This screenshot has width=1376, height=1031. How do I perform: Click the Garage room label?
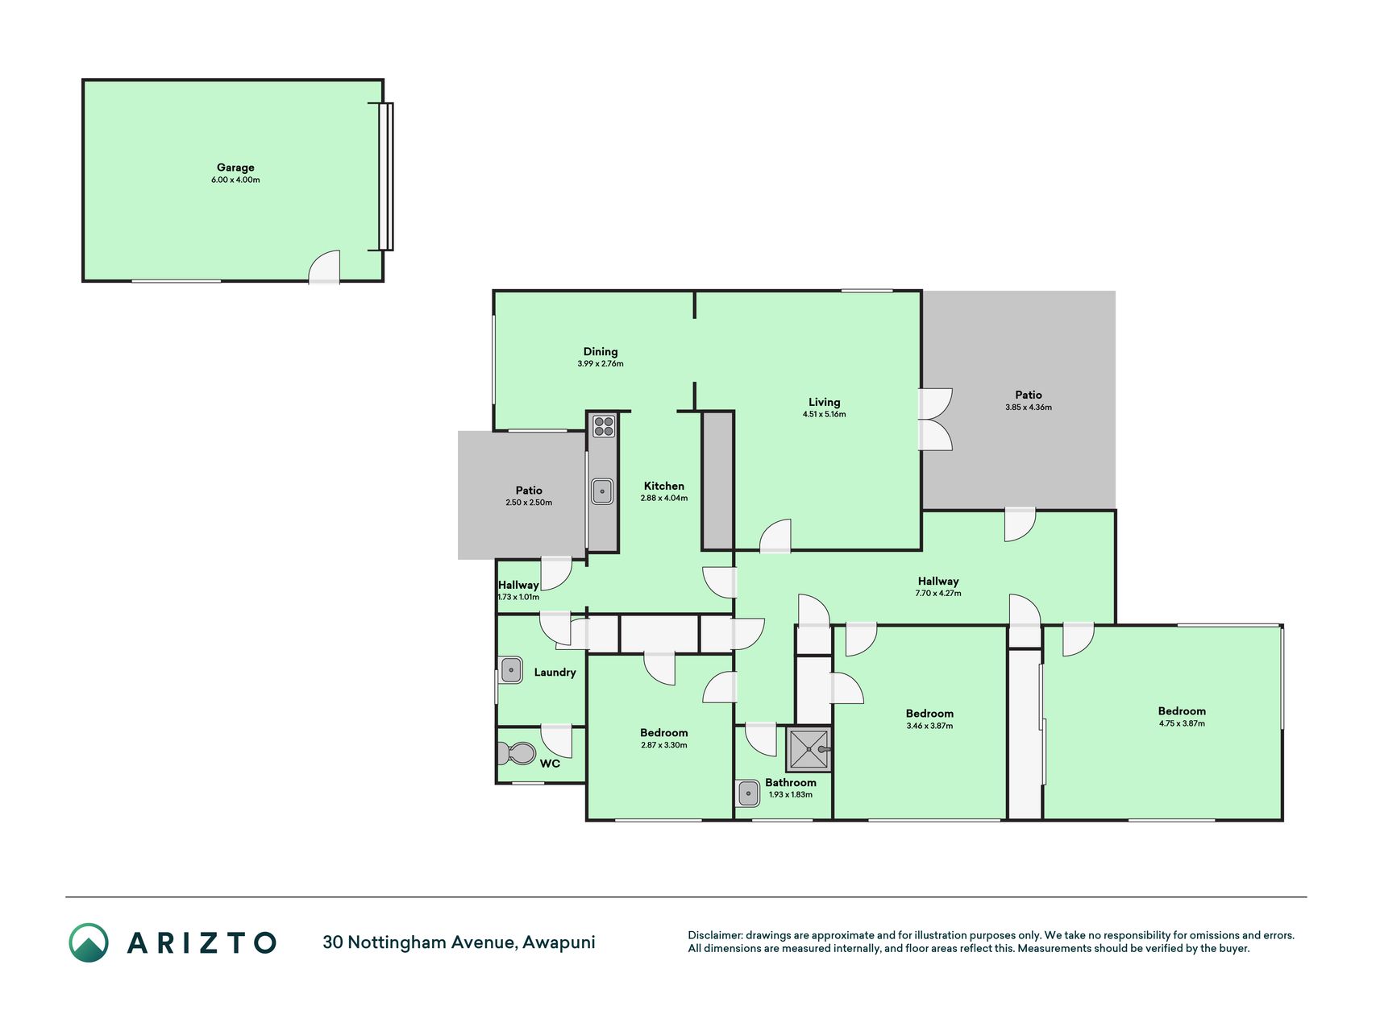[235, 168]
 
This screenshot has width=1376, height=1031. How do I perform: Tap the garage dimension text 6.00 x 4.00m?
[235, 180]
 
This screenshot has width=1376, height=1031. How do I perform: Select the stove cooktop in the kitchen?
[604, 425]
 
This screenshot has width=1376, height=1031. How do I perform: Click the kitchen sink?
[602, 491]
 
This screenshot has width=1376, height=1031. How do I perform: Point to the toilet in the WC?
[516, 754]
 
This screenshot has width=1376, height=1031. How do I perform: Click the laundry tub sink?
[511, 670]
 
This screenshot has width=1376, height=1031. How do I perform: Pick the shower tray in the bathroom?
[809, 750]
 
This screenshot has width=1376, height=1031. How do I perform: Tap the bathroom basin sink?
[749, 793]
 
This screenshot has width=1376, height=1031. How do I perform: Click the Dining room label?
[601, 351]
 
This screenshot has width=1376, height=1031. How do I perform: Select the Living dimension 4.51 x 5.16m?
[825, 414]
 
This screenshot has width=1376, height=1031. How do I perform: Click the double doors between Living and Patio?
[935, 419]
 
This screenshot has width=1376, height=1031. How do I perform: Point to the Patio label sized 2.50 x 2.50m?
[529, 490]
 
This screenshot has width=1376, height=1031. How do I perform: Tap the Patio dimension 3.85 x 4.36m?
[1029, 407]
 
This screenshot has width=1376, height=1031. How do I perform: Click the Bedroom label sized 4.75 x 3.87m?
[1182, 711]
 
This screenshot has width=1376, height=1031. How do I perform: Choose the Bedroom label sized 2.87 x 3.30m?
[664, 733]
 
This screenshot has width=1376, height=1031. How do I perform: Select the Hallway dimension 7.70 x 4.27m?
[938, 593]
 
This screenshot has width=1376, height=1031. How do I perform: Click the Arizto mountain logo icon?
[89, 942]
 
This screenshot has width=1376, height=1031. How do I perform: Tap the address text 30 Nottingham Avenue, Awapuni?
[459, 942]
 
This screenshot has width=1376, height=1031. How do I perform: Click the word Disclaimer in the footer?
[715, 935]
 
